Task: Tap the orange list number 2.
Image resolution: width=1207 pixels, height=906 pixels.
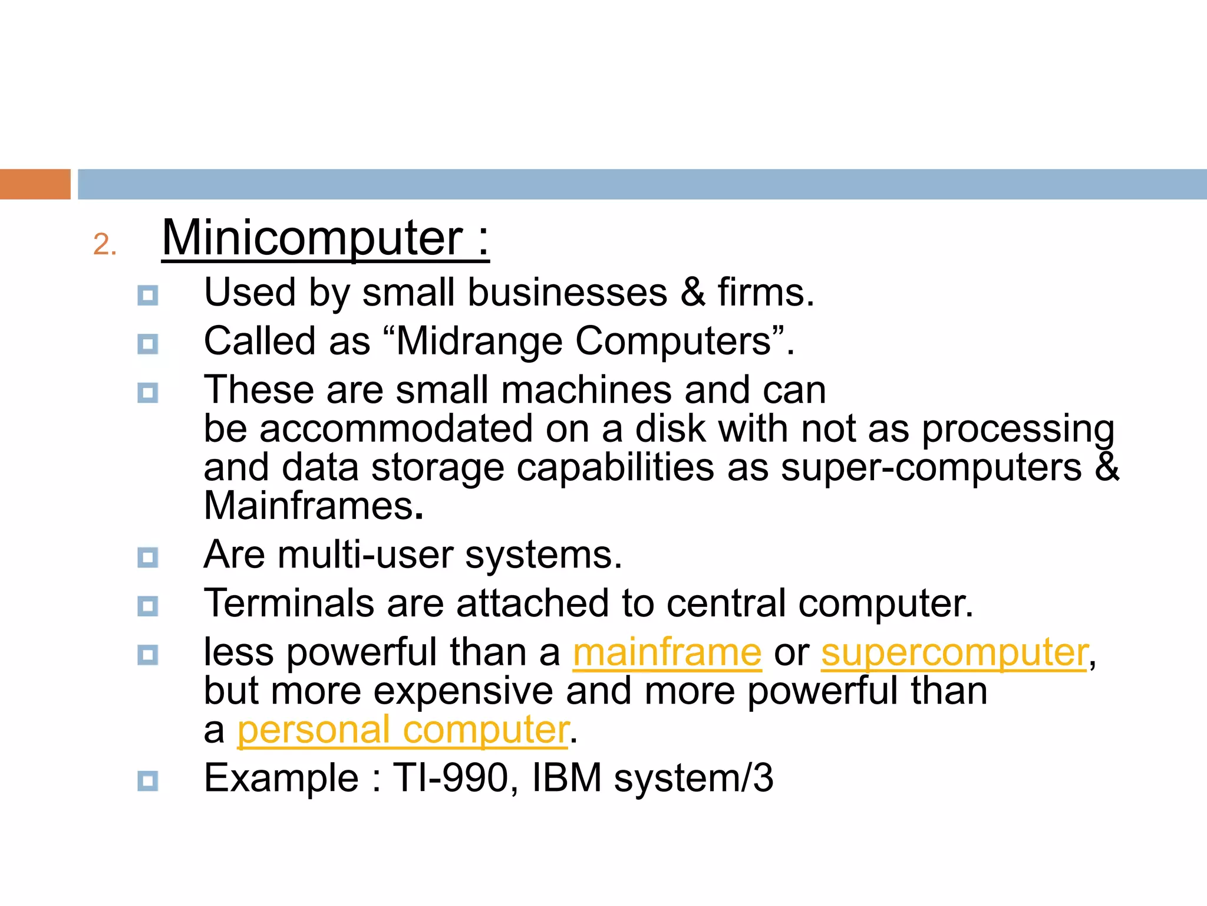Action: [104, 244]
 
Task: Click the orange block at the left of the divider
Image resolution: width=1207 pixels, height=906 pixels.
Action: [35, 184]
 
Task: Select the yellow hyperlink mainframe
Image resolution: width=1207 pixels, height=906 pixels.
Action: [667, 652]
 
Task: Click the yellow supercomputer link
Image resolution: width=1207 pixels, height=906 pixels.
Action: [954, 652]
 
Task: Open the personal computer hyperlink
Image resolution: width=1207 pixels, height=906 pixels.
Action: [403, 730]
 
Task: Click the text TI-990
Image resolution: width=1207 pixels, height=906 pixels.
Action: [450, 777]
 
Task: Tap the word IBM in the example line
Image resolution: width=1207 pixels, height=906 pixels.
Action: [566, 777]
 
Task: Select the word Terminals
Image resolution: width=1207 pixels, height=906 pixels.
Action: [289, 603]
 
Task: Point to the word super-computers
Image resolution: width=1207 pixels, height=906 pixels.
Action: [931, 467]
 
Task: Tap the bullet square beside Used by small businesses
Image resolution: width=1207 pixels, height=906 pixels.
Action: [147, 295]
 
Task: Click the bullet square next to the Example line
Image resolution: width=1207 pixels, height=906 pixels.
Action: [147, 781]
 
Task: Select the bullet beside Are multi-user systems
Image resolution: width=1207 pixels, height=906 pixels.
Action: [147, 557]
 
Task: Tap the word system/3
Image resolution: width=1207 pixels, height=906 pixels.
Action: [693, 777]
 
